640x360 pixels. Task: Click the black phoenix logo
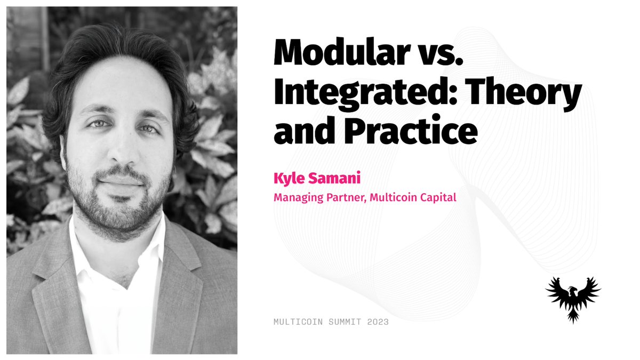click(573, 298)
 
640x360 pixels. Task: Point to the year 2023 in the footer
click(377, 322)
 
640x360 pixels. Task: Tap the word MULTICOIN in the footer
click(294, 322)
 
